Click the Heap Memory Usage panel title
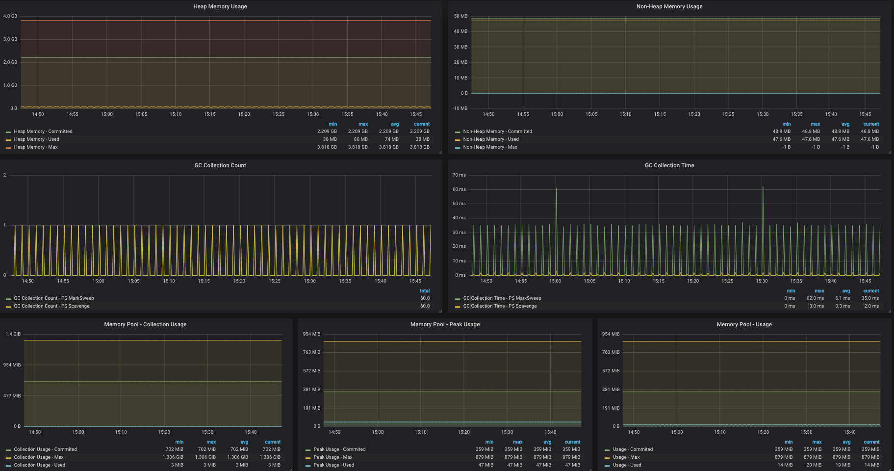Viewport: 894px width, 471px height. click(x=220, y=6)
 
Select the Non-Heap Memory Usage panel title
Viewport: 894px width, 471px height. click(x=669, y=6)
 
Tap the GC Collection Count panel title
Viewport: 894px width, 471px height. click(x=220, y=165)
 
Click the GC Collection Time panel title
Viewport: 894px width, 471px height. click(x=669, y=165)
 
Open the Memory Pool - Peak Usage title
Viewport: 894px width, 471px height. click(x=445, y=324)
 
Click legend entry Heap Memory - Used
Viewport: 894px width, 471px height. click(x=36, y=139)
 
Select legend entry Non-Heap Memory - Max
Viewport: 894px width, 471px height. click(x=490, y=147)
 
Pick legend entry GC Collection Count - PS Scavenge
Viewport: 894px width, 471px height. click(x=51, y=306)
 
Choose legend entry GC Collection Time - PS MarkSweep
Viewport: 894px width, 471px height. click(x=502, y=298)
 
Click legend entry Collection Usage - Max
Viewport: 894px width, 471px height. click(x=39, y=457)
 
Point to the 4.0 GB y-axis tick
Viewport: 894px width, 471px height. click(x=10, y=16)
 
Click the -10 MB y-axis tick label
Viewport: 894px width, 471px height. click(x=460, y=108)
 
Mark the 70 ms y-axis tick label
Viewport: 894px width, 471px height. click(x=459, y=175)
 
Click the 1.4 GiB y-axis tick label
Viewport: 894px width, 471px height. click(x=13, y=334)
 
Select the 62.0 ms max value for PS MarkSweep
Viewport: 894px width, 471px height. click(x=815, y=298)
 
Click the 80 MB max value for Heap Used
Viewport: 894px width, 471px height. click(x=360, y=139)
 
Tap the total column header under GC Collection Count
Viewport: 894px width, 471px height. click(x=425, y=291)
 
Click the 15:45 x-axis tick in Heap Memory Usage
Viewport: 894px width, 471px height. click(x=416, y=114)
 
